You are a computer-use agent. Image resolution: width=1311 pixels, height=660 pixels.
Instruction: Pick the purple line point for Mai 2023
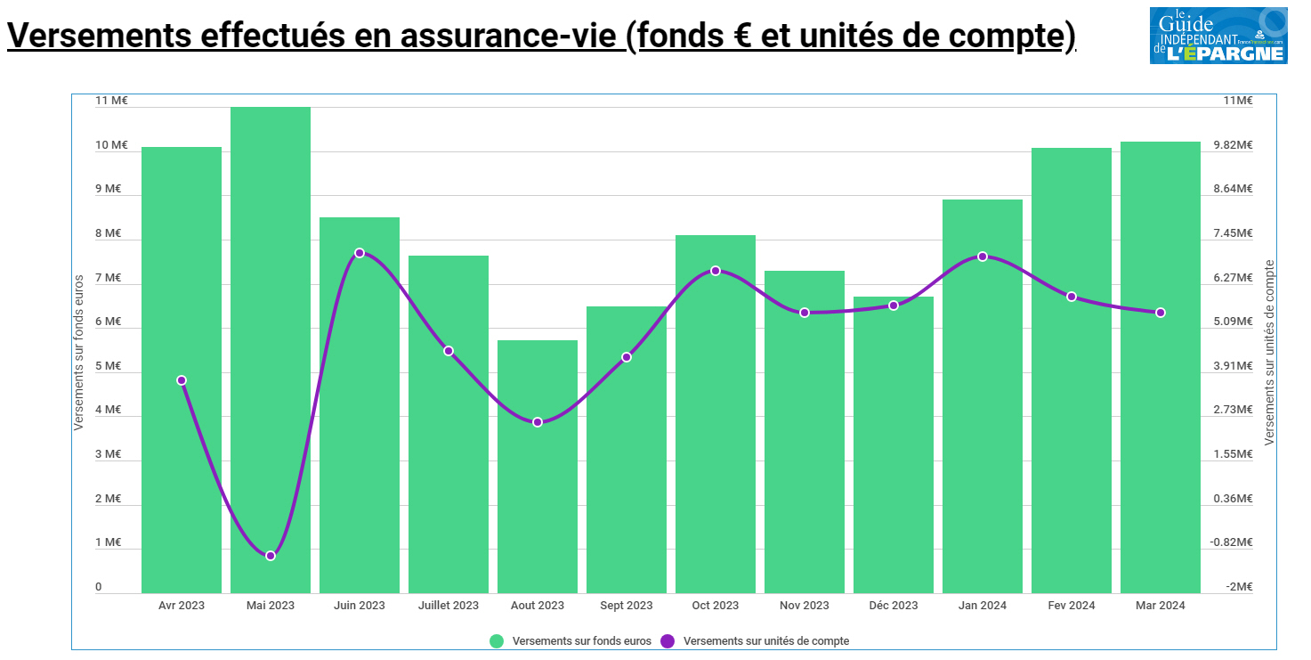click(271, 556)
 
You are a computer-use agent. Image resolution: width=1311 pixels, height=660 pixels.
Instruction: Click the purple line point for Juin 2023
click(360, 253)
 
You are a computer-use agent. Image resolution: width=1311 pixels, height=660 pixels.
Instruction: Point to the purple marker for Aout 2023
click(538, 422)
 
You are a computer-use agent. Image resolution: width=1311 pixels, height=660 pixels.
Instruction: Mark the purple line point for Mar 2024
click(1161, 313)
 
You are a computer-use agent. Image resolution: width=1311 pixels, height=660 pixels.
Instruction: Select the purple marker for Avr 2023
click(182, 380)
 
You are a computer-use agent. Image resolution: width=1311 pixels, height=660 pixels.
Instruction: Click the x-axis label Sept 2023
click(627, 606)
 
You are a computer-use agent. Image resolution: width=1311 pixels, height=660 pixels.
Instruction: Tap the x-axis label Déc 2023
click(893, 606)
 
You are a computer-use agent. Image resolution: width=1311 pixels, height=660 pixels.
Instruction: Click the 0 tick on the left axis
click(99, 587)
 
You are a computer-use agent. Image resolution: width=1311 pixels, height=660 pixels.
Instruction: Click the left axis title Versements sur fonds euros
click(78, 353)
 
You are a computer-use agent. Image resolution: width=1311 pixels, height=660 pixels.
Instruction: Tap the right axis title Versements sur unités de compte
click(1269, 353)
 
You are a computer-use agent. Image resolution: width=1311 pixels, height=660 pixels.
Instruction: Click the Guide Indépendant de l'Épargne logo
click(1218, 36)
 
